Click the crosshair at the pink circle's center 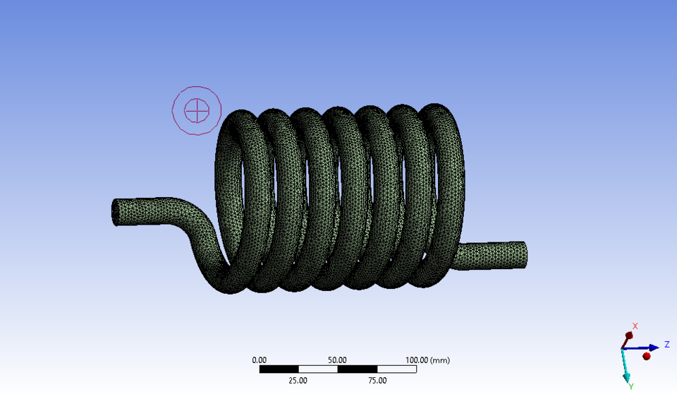coord(197,110)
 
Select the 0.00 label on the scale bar coord(260,360)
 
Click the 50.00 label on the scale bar coord(338,360)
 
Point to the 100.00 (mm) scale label coord(427,360)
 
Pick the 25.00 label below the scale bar coord(298,381)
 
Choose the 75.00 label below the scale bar coord(377,381)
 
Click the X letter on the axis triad coord(635,326)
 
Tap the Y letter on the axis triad coord(630,386)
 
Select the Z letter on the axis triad coord(666,345)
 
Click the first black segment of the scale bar coord(279,369)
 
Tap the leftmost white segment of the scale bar coord(318,369)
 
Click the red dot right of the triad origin coord(646,356)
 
